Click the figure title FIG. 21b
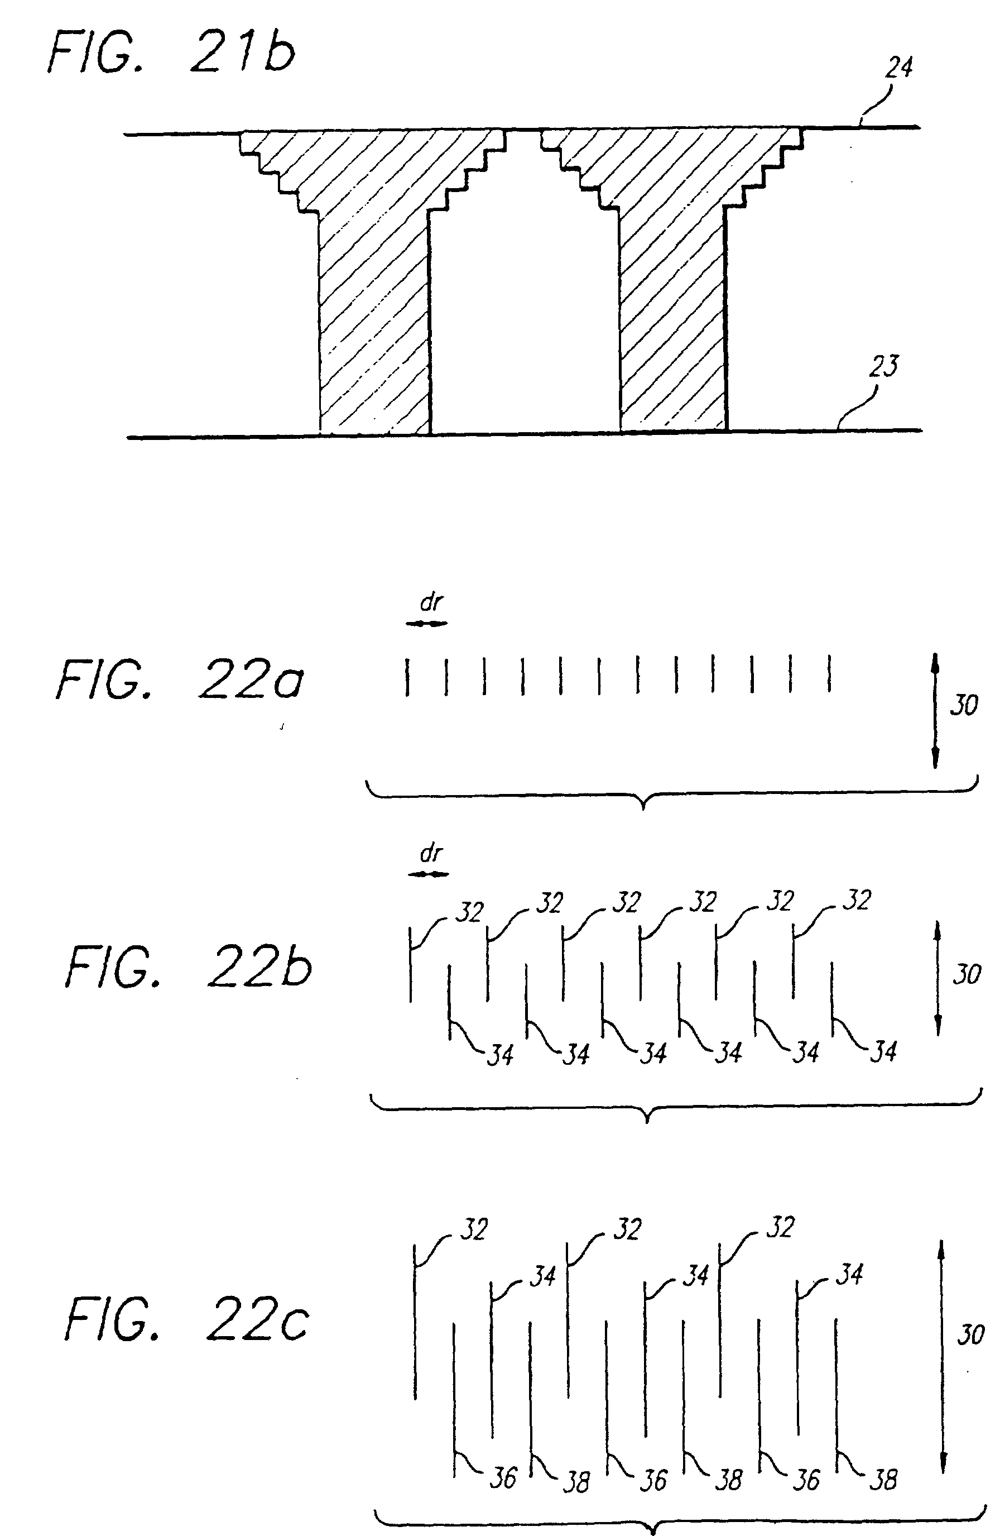coord(171,53)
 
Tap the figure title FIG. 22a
coord(179,680)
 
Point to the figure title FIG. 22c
coord(187,1320)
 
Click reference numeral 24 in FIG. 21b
coord(898,68)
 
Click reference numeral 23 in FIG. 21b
coord(883,367)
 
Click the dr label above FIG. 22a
coord(431,602)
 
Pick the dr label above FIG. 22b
coord(431,854)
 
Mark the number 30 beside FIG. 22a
coord(964,705)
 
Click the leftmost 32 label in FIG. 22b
coord(469,912)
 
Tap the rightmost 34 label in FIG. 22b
coord(883,1052)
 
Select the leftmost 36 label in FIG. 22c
coord(503,1478)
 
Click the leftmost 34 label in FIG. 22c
coord(542,1276)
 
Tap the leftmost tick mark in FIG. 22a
coord(407,676)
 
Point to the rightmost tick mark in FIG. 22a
coord(829,673)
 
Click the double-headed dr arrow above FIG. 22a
coord(426,624)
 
